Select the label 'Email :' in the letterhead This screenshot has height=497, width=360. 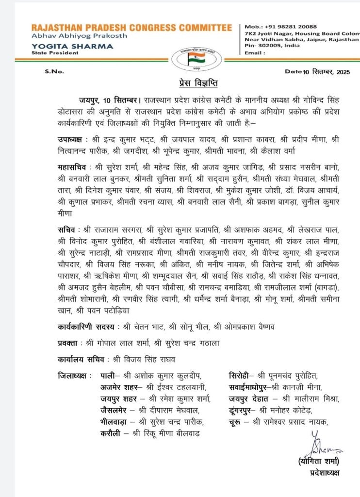[x=255, y=52]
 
